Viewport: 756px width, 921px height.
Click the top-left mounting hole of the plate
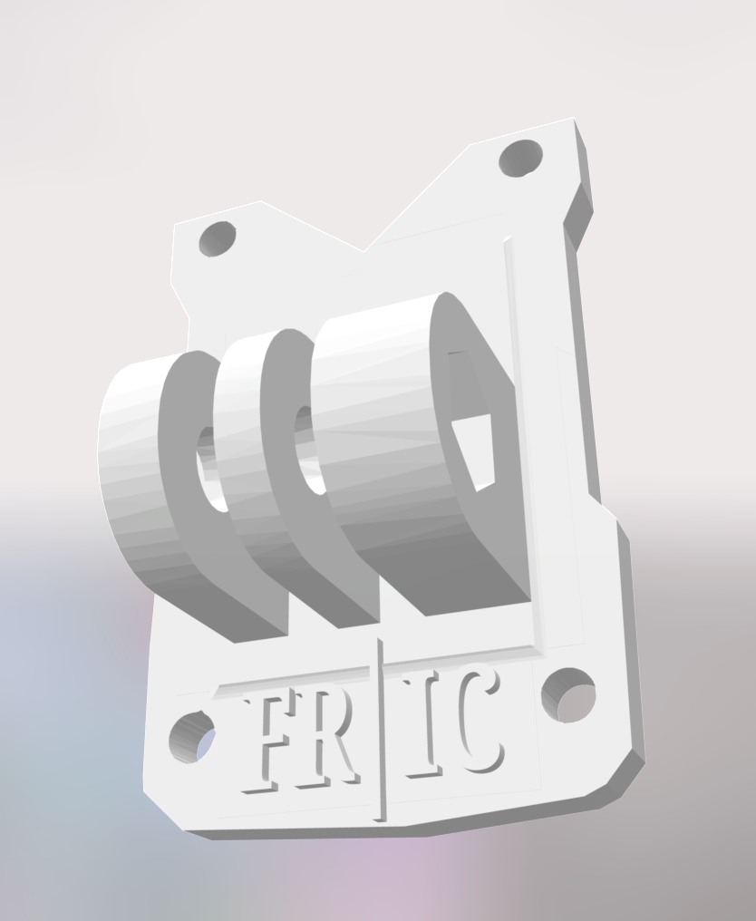[217, 239]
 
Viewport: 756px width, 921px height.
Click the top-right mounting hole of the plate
[521, 159]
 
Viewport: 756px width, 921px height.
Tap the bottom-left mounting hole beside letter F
[192, 736]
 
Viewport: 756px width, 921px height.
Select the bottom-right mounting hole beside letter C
[569, 696]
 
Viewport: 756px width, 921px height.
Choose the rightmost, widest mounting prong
[381, 444]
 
